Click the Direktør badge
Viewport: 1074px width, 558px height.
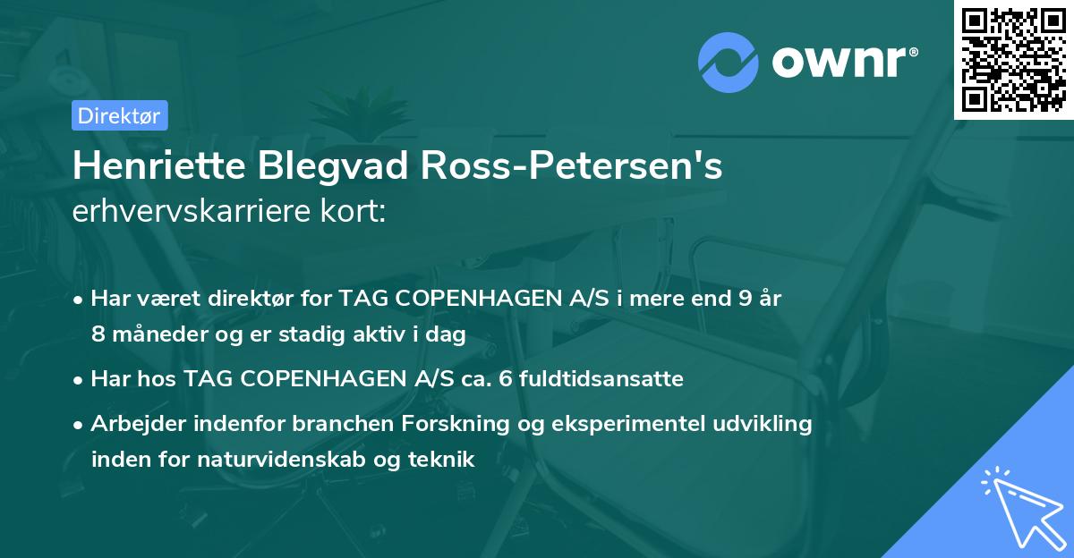[119, 115]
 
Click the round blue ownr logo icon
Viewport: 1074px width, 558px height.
[729, 61]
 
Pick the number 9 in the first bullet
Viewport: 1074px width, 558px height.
[745, 298]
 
